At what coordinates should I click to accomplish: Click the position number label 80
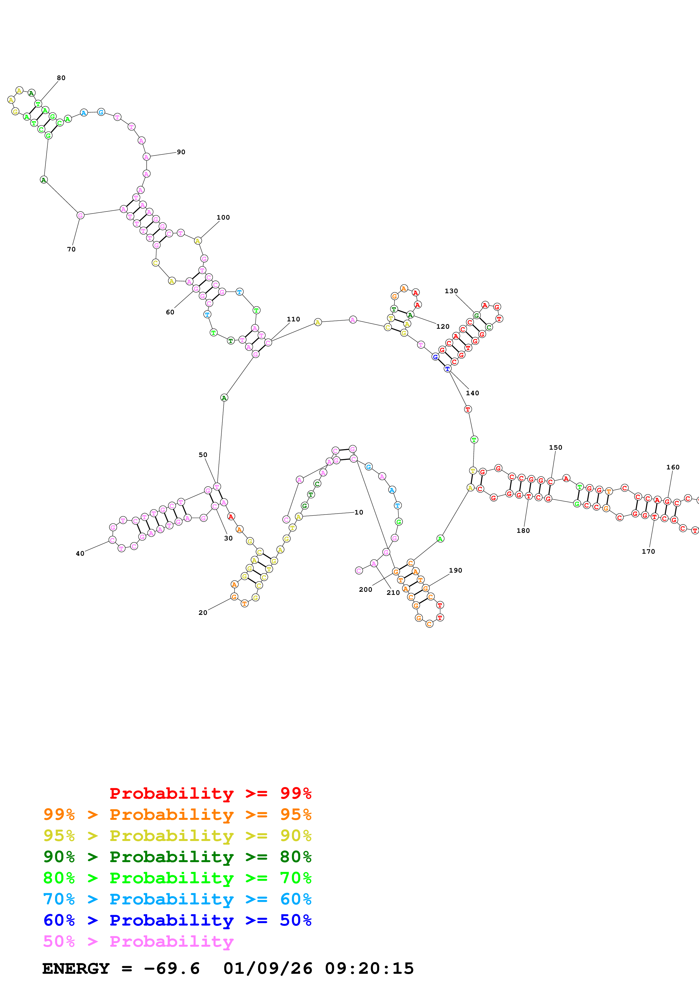tap(61, 78)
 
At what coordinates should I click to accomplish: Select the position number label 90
tap(181, 152)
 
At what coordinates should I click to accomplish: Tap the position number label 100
tap(223, 218)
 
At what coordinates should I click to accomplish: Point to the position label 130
tap(451, 291)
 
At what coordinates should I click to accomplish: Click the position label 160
tap(673, 467)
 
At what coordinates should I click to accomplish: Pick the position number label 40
tap(80, 553)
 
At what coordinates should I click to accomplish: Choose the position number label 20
tap(203, 613)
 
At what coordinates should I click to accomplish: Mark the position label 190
tap(455, 570)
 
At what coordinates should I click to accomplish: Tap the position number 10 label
tap(359, 512)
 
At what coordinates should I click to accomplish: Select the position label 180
tap(523, 531)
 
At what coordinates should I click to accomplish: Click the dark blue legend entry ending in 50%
tap(177, 920)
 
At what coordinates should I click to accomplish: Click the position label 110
tap(293, 319)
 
